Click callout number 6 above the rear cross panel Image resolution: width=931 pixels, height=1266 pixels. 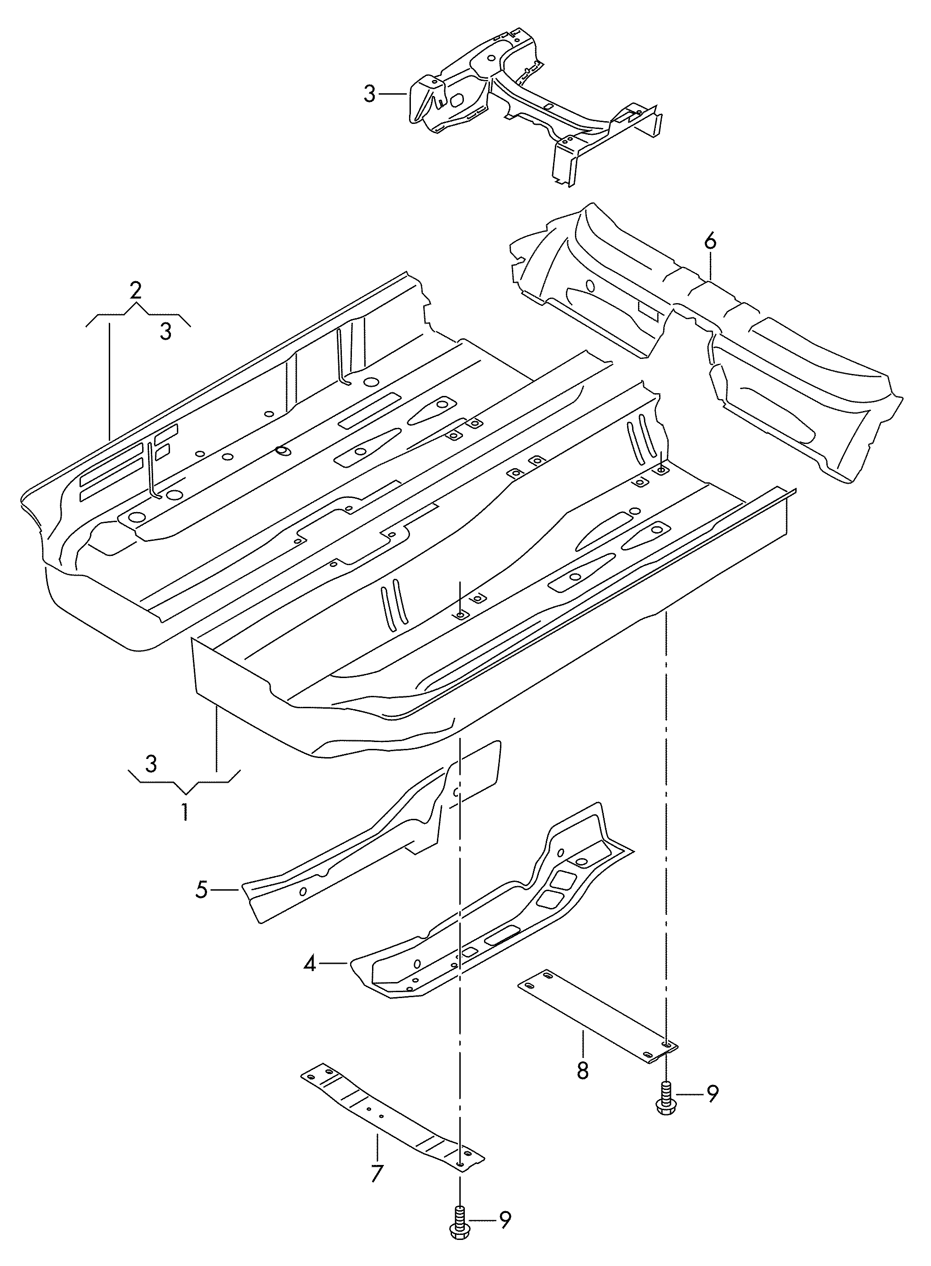(x=710, y=242)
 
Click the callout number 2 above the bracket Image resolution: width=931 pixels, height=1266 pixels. (x=135, y=291)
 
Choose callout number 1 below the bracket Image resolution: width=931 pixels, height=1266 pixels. (x=184, y=812)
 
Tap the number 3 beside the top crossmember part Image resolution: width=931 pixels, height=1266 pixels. (x=369, y=94)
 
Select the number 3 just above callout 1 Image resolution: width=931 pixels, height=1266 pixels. (x=150, y=765)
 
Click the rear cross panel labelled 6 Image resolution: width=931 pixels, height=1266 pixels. (x=704, y=344)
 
